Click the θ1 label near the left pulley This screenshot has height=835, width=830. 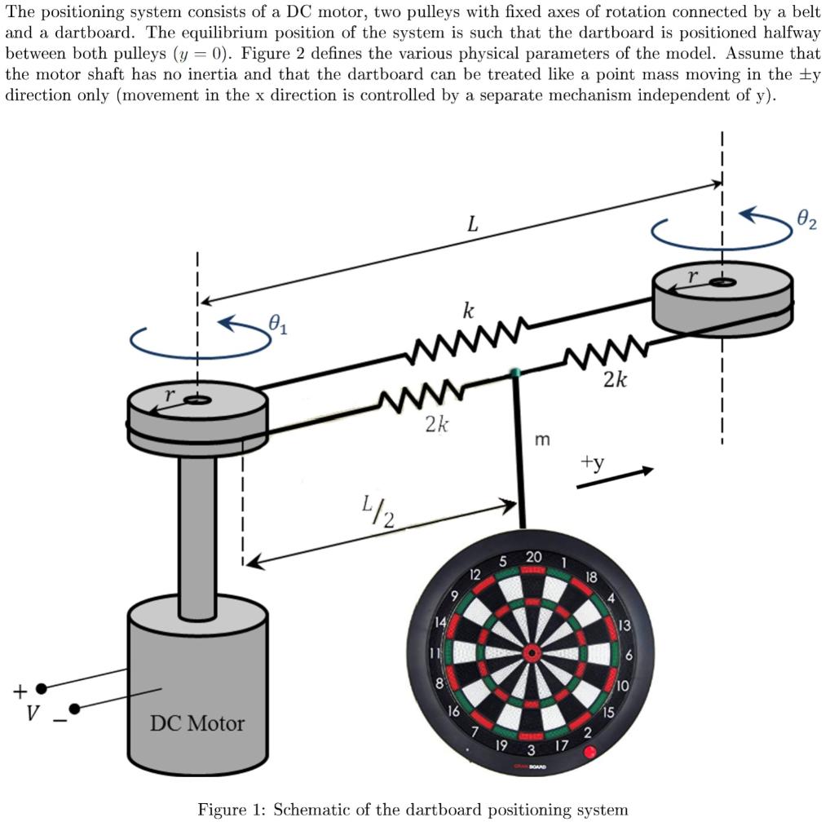[x=278, y=327]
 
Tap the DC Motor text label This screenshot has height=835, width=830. [x=197, y=723]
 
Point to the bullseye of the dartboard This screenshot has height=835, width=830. [x=532, y=652]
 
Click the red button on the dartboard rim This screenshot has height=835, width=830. [x=589, y=752]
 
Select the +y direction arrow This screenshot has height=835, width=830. [x=615, y=477]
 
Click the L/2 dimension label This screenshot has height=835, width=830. [x=376, y=513]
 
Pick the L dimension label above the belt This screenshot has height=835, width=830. [x=472, y=224]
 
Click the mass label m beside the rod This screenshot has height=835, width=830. [x=541, y=440]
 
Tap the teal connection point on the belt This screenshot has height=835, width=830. [x=514, y=373]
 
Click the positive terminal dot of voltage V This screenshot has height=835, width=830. [x=42, y=689]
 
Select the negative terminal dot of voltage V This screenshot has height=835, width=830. [x=74, y=709]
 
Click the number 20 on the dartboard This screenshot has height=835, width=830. [x=533, y=557]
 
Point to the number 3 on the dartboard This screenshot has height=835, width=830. [x=531, y=749]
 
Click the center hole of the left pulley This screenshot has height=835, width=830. [x=196, y=400]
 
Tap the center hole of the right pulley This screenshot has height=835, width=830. [x=722, y=282]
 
